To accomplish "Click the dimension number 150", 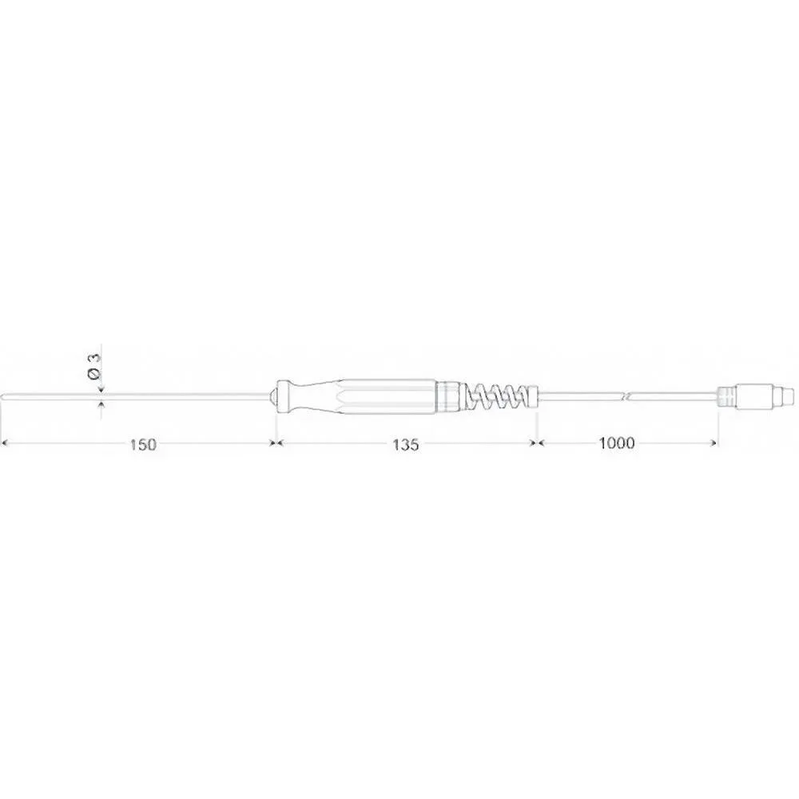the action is coord(143,444).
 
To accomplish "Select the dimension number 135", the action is coord(406,445).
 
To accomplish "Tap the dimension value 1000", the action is coord(617,443).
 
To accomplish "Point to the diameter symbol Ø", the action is coord(94,374).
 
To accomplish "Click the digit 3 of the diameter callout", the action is coord(95,357).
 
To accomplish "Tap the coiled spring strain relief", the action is coord(495,396).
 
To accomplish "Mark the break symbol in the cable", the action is coord(626,396).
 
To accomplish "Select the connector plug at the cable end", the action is coord(755,396).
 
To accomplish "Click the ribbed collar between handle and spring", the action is coord(449,396).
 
